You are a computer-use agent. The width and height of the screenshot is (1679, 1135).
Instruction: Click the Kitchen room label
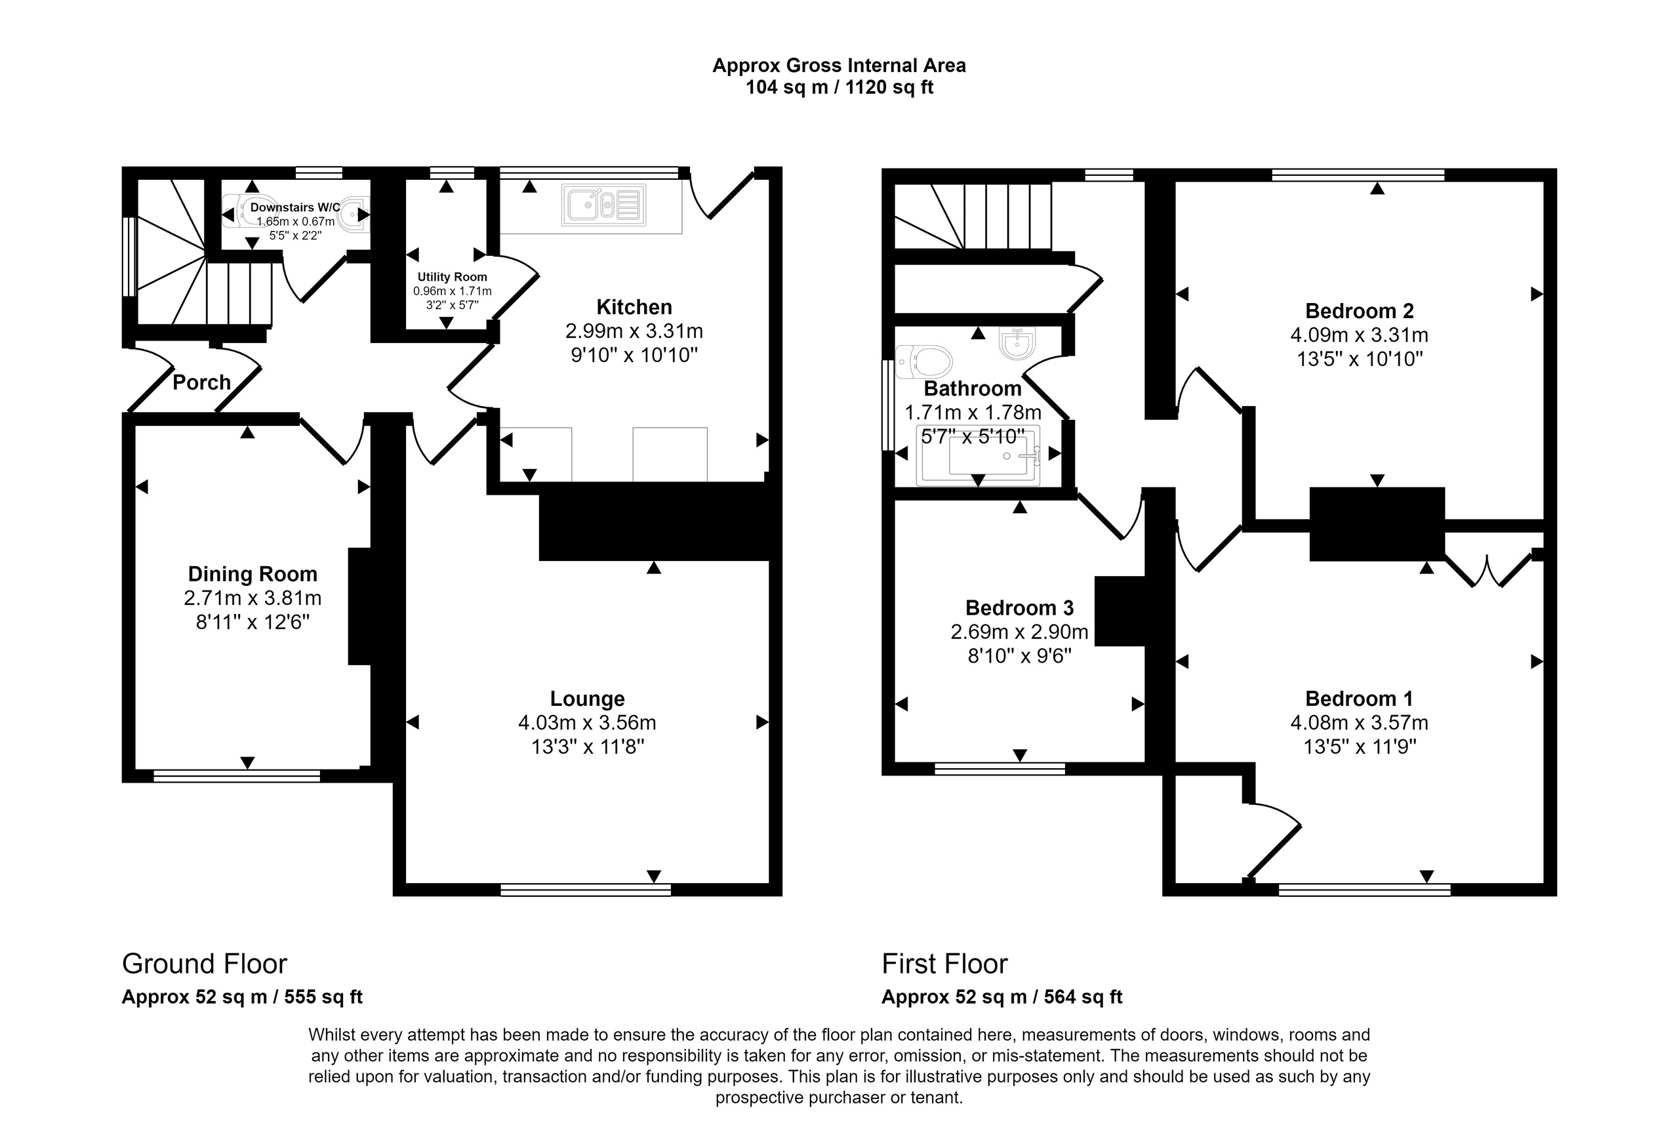pos(634,307)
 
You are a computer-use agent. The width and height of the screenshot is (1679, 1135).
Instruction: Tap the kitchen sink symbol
pos(603,205)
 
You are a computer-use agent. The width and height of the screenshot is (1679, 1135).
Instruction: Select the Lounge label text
pos(588,699)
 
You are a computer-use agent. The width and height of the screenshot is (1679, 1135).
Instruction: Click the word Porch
pos(201,382)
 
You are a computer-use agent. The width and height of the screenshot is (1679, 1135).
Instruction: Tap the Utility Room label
pos(453,277)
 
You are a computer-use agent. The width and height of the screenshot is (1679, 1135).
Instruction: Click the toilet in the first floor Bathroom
pos(923,361)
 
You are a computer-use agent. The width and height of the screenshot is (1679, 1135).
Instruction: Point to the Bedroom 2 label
pos(1360,311)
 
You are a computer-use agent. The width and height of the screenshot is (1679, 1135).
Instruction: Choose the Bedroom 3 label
pos(1019,608)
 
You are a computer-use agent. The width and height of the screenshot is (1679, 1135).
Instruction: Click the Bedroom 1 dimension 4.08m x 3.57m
pos(1360,722)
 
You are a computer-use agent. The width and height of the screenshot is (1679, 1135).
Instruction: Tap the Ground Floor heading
pos(205,964)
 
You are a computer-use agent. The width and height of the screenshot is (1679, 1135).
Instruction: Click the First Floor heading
pos(944,964)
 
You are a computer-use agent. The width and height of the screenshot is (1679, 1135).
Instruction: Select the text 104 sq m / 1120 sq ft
pos(839,87)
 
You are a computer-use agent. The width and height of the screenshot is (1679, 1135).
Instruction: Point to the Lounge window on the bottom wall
pos(586,890)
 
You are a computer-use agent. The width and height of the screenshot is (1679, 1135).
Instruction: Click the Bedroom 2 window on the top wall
pos(1358,174)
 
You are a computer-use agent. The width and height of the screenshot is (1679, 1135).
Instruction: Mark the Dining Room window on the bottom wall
pos(236,776)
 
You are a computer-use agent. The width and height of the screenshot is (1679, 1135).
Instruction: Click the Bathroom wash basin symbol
pos(1018,342)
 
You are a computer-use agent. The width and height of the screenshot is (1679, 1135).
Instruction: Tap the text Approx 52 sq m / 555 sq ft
pos(242,997)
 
